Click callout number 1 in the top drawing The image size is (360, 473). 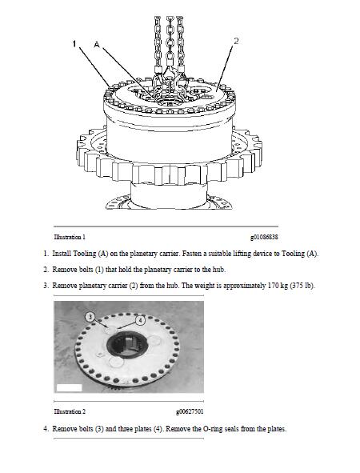74,44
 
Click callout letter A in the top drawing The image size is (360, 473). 97,45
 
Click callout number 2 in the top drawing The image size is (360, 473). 236,41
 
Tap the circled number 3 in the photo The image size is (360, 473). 90,317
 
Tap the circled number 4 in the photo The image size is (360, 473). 140,320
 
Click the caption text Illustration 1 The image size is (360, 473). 70,237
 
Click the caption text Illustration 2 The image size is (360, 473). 70,411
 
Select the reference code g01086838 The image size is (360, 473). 264,237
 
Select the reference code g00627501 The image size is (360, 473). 190,411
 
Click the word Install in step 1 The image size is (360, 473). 62,254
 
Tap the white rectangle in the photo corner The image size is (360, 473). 69,388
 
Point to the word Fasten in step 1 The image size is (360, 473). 192,254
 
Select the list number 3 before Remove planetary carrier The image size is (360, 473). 46,286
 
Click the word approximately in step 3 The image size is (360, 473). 244,286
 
